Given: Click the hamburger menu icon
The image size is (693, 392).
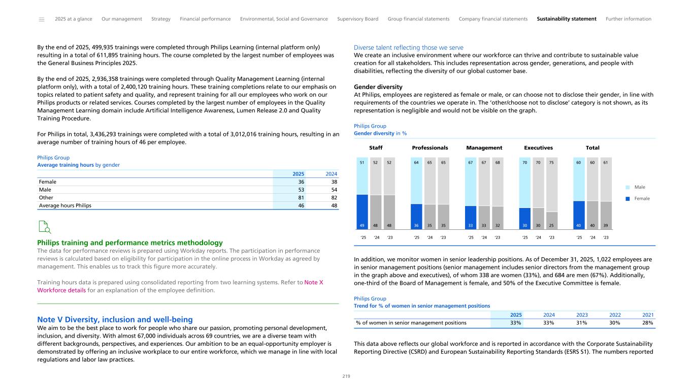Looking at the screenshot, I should coord(42,19).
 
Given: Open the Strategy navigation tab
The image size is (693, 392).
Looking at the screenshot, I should coord(161,19).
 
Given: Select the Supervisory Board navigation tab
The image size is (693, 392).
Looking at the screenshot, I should coord(357,19).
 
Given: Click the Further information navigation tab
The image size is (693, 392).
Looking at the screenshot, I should coord(628,19).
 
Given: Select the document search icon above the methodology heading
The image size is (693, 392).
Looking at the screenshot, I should coord(45,227).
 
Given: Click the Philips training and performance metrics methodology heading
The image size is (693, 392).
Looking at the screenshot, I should coord(129,243).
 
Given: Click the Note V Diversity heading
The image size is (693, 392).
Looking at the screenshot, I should coord(115,319).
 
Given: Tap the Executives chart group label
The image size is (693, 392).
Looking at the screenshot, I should coord(538,148).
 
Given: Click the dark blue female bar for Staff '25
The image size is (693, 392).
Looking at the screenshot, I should coord(362,212).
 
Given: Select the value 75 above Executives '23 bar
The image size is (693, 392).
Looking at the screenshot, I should coord(552,163).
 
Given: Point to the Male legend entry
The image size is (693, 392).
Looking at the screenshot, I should coord(639,187).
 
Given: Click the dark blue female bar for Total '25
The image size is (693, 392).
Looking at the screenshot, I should coord(579,215).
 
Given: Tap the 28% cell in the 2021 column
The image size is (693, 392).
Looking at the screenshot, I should coord(646,323).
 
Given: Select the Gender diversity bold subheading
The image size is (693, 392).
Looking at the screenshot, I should coord(378,87).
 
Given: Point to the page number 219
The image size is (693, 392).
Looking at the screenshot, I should coord(346,377).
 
